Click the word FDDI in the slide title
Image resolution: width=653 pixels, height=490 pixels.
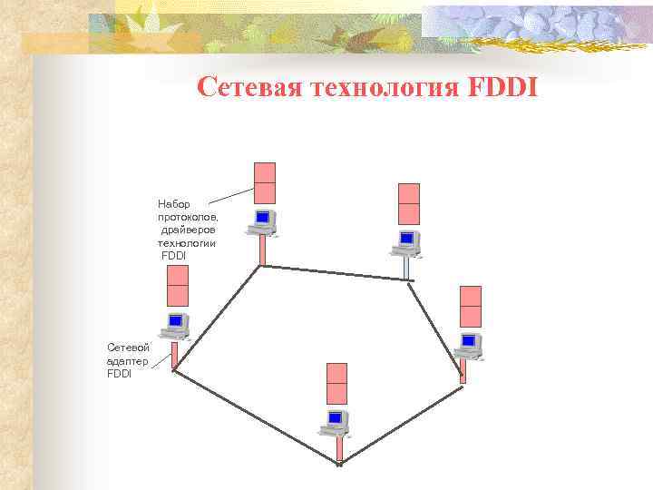(x=503, y=88)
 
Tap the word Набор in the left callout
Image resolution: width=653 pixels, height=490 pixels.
(x=175, y=204)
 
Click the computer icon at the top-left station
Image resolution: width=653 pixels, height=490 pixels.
(x=263, y=220)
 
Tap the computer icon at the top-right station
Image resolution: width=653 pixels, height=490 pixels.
(x=405, y=241)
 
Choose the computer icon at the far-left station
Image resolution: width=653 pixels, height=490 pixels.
(x=176, y=323)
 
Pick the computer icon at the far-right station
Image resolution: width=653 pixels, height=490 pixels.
(x=468, y=344)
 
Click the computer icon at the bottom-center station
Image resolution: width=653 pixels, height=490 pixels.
(x=336, y=421)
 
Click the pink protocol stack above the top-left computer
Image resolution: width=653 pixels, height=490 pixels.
(x=265, y=182)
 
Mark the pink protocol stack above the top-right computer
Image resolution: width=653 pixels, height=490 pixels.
(x=409, y=203)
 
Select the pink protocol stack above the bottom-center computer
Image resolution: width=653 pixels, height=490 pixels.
(x=337, y=383)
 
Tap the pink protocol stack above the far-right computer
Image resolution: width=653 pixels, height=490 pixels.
(x=471, y=306)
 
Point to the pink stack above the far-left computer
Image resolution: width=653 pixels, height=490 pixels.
(x=178, y=285)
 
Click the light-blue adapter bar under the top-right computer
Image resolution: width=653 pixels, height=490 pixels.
(x=407, y=267)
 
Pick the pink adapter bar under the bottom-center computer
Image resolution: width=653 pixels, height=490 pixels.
(x=339, y=449)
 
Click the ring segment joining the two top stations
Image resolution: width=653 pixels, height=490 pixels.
(x=336, y=272)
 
